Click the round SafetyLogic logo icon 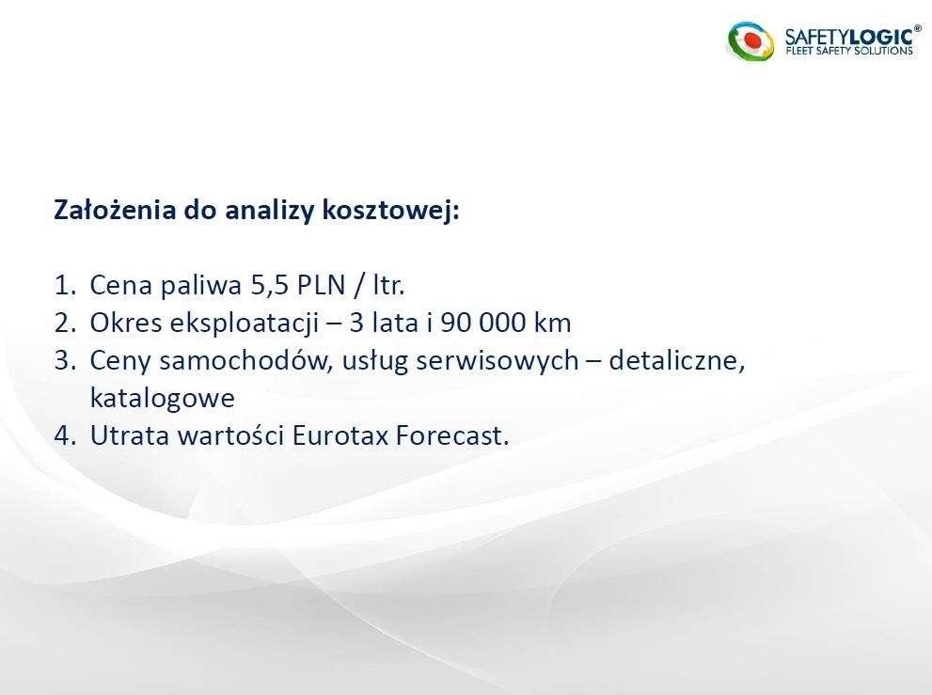(750, 41)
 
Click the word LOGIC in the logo (881, 37)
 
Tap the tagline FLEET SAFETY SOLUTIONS (849, 51)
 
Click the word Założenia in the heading (115, 210)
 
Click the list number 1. (65, 285)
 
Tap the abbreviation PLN (321, 285)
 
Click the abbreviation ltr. (388, 285)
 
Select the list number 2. (65, 323)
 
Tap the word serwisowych (497, 361)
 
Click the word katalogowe (163, 398)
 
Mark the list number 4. (65, 435)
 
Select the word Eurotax (340, 435)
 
